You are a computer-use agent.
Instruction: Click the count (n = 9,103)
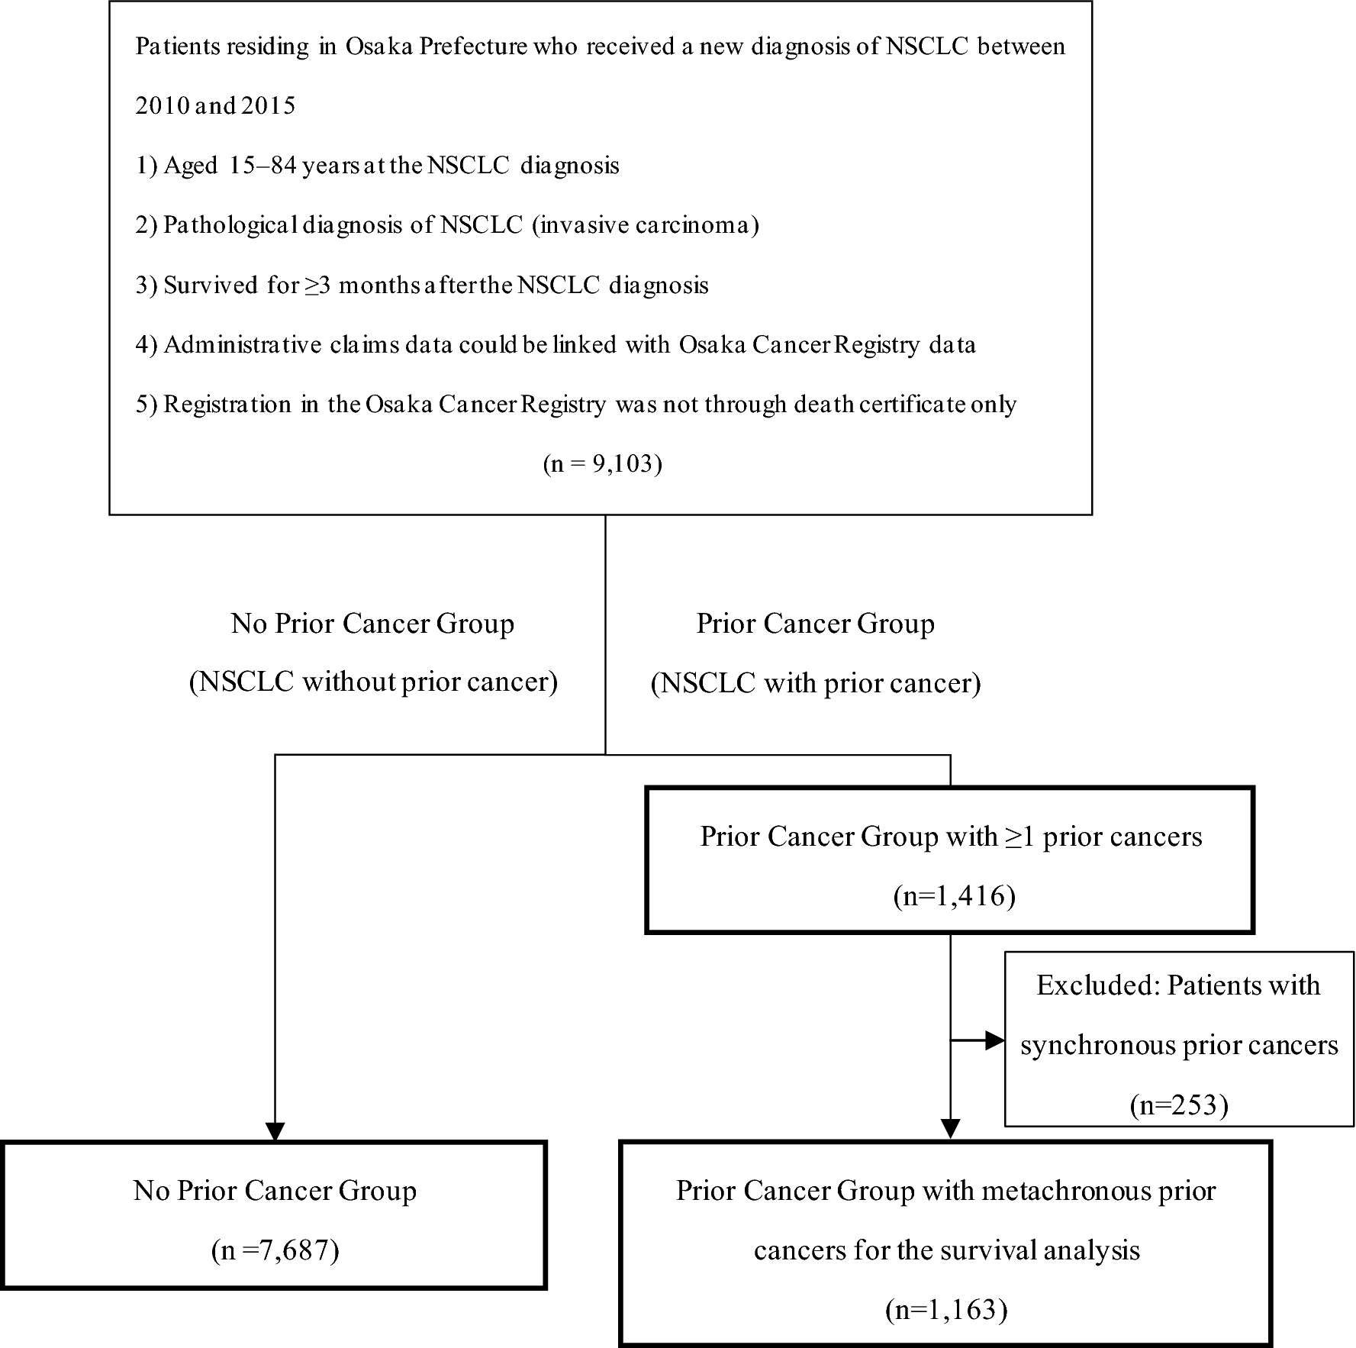pos(602,463)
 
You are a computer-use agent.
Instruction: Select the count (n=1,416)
pos(954,896)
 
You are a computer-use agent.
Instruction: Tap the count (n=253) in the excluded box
pos(1178,1105)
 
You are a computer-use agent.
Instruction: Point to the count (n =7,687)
pos(275,1250)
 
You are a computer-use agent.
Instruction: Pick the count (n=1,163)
pos(946,1310)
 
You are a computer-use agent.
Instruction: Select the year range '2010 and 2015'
pos(215,105)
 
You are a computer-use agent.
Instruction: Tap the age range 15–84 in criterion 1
pos(263,166)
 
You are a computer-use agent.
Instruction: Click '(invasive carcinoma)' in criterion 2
pos(645,225)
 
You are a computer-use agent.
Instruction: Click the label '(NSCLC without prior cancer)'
pos(373,682)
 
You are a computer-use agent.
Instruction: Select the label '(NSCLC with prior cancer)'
pos(816,682)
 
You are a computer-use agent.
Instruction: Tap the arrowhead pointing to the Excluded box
pos(994,1040)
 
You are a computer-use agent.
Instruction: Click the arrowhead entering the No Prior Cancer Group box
pos(275,1131)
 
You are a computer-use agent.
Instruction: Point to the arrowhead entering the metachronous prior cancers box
pos(950,1129)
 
